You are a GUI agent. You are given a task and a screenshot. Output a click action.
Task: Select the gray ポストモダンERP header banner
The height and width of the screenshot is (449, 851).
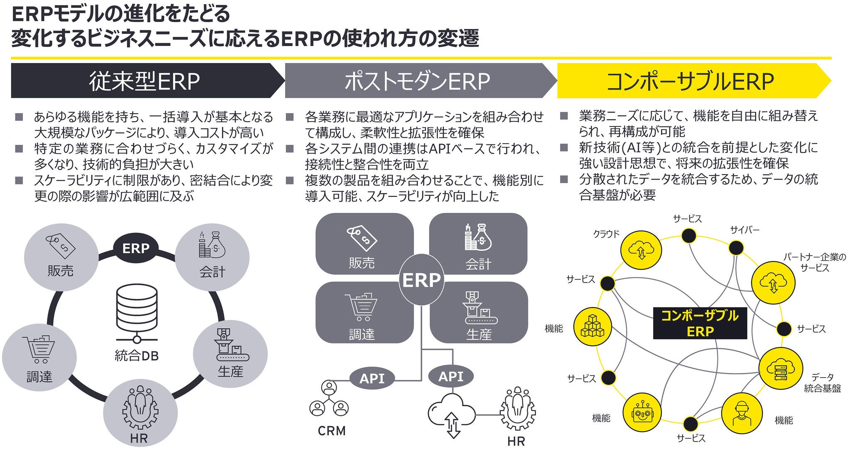pos(420,81)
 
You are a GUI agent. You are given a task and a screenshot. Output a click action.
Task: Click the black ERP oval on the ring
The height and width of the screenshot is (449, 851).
pos(136,248)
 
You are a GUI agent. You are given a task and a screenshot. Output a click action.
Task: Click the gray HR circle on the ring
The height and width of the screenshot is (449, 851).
pos(140,415)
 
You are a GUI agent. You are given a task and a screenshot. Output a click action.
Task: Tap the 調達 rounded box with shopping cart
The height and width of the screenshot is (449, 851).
pos(364,312)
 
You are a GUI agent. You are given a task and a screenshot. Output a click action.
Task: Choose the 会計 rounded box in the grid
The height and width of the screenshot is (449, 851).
pos(478,244)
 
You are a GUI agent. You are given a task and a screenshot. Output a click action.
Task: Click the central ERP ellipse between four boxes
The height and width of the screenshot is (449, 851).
pos(421,280)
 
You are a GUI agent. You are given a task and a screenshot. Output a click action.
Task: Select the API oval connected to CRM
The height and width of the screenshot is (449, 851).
pos(372,378)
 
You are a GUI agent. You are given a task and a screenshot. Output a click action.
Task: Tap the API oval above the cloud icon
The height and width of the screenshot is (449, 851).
pos(451,376)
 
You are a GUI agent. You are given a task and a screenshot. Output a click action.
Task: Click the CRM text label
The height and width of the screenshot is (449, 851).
pos(332,431)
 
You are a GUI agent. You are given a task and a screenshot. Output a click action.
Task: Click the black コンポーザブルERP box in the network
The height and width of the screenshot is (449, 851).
pos(700,323)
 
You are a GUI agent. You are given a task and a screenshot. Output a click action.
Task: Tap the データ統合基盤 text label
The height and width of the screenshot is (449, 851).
pos(822,383)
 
